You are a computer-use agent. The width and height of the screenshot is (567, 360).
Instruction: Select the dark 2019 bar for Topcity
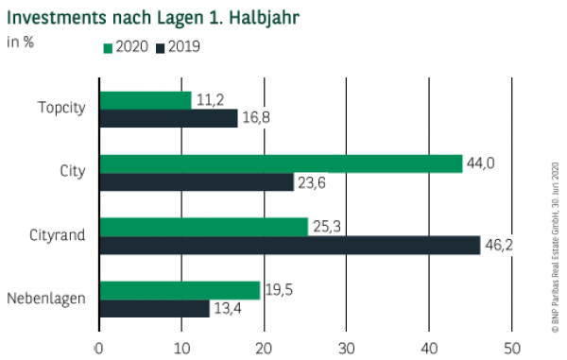tap(168, 118)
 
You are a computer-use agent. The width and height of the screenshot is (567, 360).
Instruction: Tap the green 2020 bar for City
tap(281, 163)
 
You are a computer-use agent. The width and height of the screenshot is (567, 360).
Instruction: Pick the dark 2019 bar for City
tap(197, 181)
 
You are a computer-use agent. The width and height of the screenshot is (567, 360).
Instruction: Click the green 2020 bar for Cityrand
tap(203, 227)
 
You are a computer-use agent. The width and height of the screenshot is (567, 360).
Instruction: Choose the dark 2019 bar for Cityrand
tap(289, 245)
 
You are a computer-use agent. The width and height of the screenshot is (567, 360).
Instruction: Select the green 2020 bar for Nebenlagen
tap(180, 290)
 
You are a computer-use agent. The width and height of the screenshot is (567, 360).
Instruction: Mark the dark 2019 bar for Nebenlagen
tap(154, 308)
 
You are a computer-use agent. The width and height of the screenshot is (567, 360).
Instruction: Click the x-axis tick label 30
tap(346, 346)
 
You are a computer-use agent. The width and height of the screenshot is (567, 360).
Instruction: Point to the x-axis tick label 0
tap(99, 346)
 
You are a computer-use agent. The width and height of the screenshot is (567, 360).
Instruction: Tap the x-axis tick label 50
tap(511, 346)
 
